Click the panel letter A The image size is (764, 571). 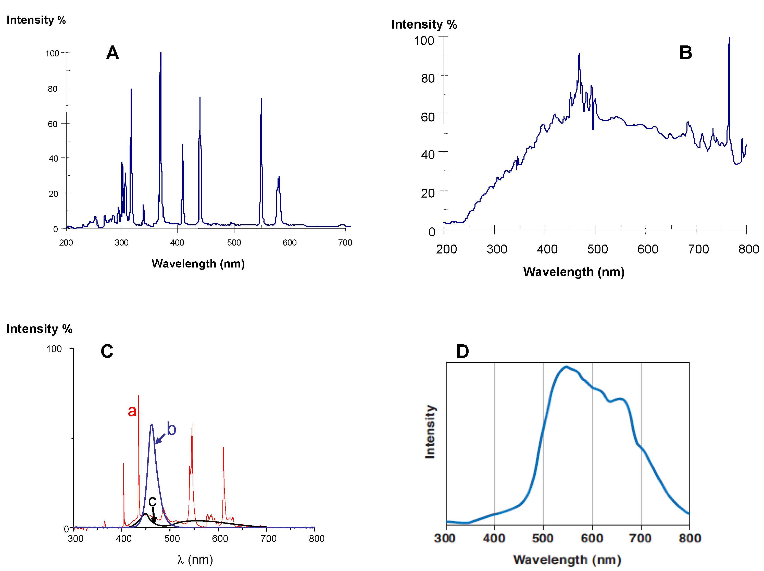click(x=112, y=53)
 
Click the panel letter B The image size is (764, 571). click(x=686, y=53)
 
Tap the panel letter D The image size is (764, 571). click(x=462, y=351)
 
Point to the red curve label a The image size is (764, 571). click(x=132, y=411)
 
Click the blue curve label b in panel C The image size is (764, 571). click(x=171, y=429)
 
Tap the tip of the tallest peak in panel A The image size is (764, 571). click(x=161, y=53)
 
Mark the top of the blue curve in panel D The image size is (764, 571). click(x=566, y=367)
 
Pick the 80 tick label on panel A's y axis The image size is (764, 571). click(x=53, y=89)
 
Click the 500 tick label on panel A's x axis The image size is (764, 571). click(x=234, y=243)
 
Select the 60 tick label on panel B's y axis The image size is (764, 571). click(x=428, y=117)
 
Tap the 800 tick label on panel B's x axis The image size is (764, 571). click(x=748, y=249)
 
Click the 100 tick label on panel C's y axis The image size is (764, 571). click(x=54, y=349)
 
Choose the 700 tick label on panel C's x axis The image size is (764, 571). click(x=268, y=539)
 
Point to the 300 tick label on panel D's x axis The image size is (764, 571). click(x=445, y=538)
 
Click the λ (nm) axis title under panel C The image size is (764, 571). click(x=195, y=559)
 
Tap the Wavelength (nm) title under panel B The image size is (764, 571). click(x=574, y=272)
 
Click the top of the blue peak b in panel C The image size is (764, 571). click(x=151, y=425)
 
